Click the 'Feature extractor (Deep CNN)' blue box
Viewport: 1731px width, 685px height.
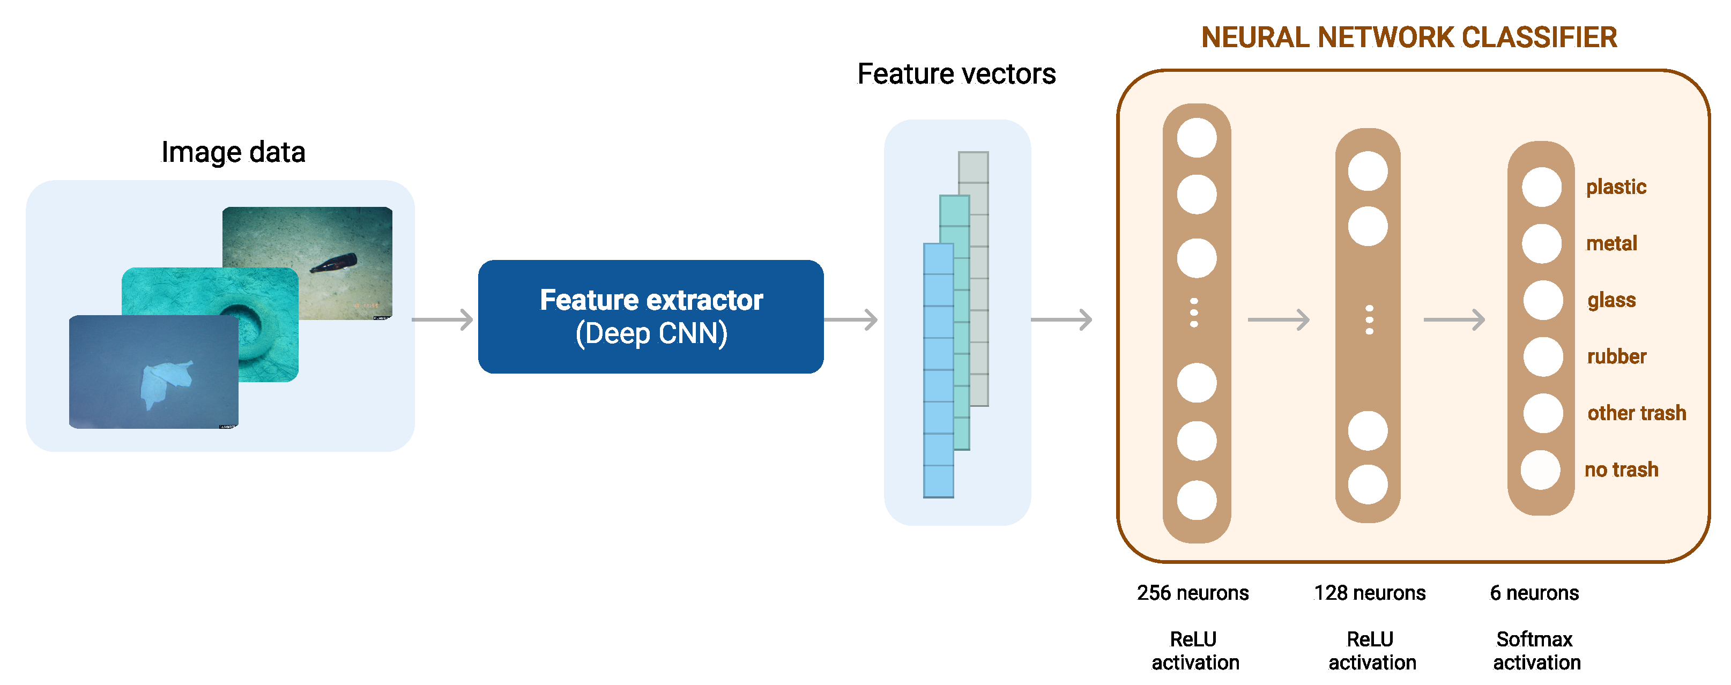pos(650,316)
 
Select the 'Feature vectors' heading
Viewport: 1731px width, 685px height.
pos(956,74)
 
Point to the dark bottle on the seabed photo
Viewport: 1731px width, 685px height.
pos(333,263)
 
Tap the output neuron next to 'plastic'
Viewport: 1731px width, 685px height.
pos(1542,187)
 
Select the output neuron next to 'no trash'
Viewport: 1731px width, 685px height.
pos(1540,470)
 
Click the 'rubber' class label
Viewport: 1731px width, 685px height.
pos(1616,356)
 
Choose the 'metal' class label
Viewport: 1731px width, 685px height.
pos(1611,243)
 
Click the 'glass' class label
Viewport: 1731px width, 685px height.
pos(1611,300)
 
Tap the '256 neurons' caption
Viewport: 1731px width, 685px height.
pos(1193,593)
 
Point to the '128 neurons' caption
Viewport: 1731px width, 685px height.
pos(1370,593)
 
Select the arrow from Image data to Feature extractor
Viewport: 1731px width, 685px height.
pos(442,319)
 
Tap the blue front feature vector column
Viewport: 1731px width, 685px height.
pos(938,370)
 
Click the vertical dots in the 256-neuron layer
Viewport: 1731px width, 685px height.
pos(1194,313)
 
